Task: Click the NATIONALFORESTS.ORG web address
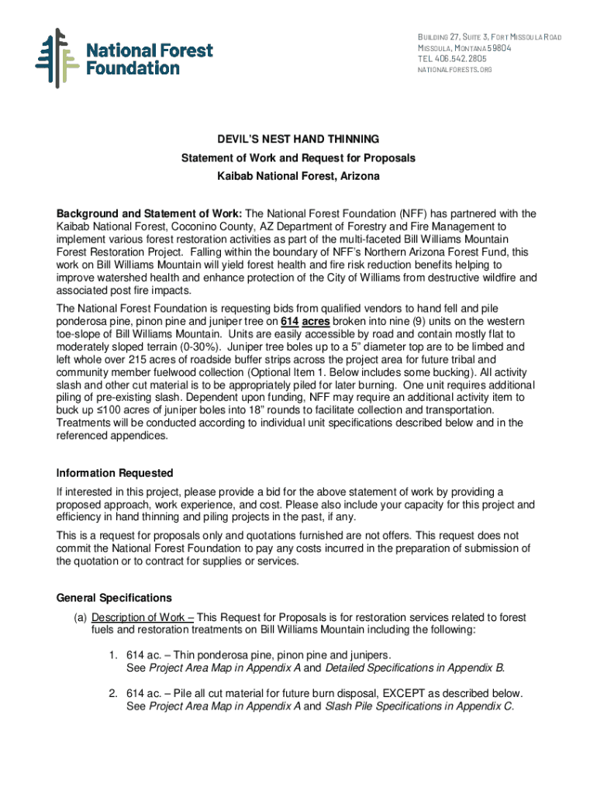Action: (454, 70)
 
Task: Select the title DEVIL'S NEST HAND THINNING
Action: (298, 140)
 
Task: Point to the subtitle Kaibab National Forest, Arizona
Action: (298, 177)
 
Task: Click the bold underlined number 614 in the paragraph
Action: (290, 322)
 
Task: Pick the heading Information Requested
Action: (115, 474)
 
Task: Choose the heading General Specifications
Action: (114, 599)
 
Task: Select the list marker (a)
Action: (81, 618)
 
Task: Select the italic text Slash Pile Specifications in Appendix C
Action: (419, 706)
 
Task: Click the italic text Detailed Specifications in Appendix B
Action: (415, 668)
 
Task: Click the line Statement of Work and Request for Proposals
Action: (298, 158)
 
